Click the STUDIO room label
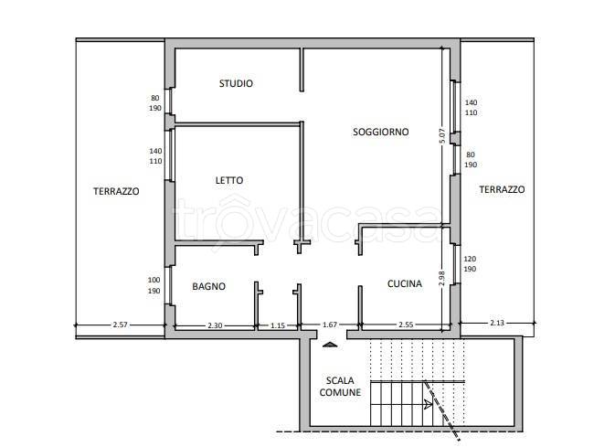[236, 83]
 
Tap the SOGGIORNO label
[380, 132]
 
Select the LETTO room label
[229, 180]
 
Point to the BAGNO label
[208, 286]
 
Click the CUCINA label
[405, 283]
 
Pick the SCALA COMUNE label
[340, 386]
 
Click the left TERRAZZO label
[116, 191]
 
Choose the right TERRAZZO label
[502, 189]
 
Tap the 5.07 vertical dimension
[442, 136]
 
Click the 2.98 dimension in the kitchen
[441, 278]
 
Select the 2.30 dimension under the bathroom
[215, 325]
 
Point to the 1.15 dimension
[278, 325]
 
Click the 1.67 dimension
[330, 325]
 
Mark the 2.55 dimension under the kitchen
[406, 325]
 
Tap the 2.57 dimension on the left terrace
[120, 325]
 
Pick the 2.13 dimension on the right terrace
[497, 323]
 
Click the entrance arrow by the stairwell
[330, 345]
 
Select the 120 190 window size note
[470, 264]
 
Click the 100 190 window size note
[154, 285]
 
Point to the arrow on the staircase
[428, 404]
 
